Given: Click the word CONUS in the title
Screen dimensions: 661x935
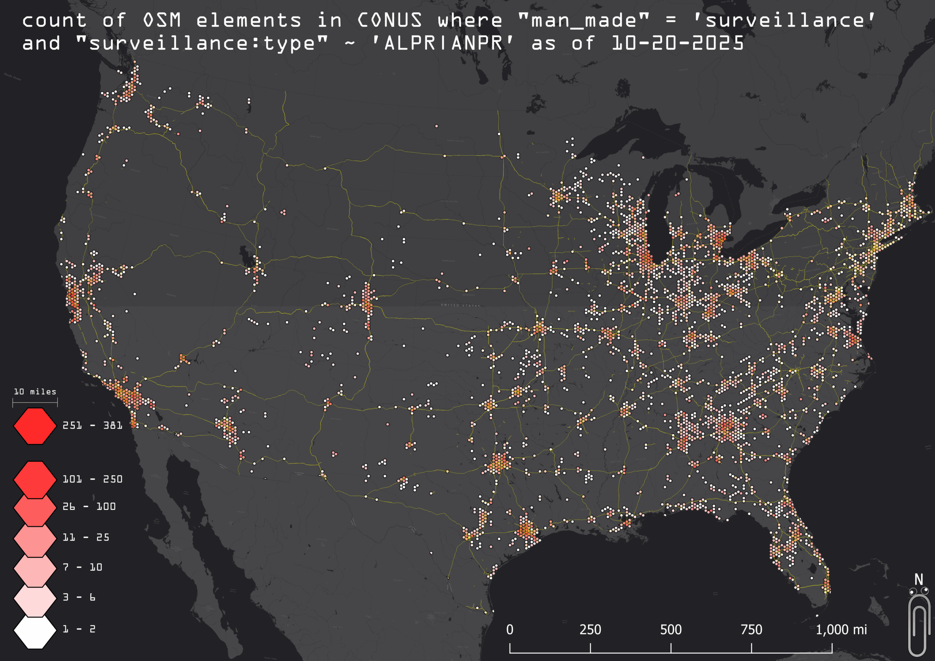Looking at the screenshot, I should point(390,20).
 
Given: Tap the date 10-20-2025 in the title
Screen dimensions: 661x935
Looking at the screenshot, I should point(678,43).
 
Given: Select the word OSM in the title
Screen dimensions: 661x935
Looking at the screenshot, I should point(162,20).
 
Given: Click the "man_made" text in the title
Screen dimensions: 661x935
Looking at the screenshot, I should point(584,20).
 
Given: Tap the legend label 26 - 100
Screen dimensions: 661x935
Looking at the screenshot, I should point(89,507).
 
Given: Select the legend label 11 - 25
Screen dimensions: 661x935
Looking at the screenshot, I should point(86,538).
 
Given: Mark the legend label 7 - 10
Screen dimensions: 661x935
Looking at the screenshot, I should point(83,567).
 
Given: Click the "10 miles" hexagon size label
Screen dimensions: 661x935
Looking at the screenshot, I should point(35,392).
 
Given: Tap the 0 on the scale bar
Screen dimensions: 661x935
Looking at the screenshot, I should point(510,630).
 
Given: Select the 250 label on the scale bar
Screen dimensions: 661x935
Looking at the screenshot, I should point(590,630).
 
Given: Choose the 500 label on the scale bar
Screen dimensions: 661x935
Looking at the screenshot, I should point(671,630).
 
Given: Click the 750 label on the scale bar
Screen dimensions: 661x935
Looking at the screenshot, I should point(751,630).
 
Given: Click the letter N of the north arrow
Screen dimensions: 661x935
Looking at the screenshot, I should point(919,580).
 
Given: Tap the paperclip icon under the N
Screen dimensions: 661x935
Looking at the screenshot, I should point(919,625).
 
